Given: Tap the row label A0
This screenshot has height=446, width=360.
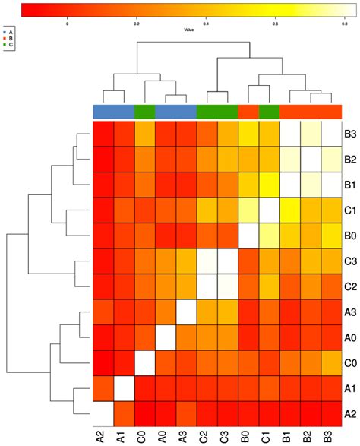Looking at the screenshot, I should point(351,337).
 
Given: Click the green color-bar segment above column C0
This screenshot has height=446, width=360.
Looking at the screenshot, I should point(144,112).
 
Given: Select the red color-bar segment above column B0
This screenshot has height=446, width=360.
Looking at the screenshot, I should point(248,112).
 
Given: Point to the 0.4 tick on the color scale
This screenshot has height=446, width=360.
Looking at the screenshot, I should point(205,24).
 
